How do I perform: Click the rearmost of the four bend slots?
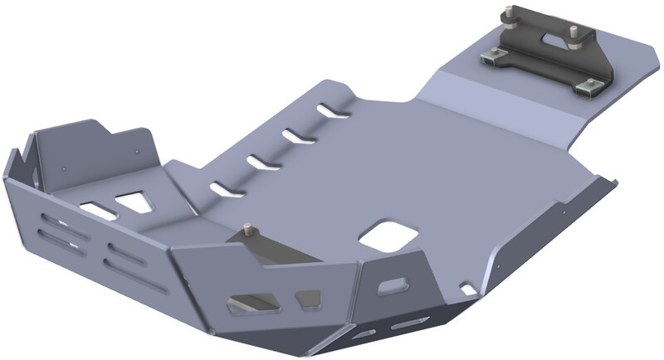(x=334, y=109)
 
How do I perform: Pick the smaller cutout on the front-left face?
(x=308, y=296)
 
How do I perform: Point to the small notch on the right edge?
(x=469, y=289)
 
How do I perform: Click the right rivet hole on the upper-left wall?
(x=134, y=153)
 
